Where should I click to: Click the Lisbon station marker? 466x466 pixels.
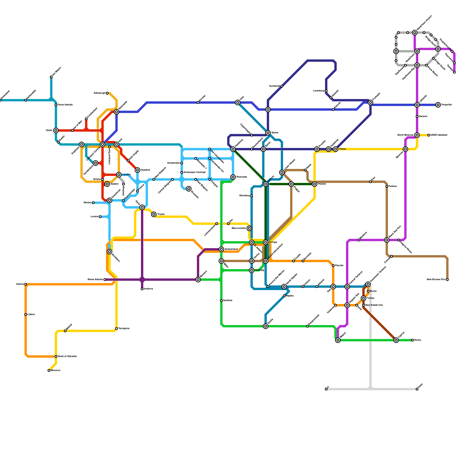(x=26, y=315)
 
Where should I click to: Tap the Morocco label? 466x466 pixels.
(x=55, y=370)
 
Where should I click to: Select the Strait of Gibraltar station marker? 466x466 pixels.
(x=56, y=356)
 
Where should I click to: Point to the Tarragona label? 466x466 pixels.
(x=124, y=329)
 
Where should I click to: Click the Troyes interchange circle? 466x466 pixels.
(x=154, y=214)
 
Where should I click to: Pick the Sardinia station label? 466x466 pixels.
(x=228, y=301)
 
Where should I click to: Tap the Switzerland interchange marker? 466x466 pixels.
(x=221, y=249)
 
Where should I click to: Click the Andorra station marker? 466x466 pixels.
(x=142, y=289)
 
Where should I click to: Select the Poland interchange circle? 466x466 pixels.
(x=315, y=184)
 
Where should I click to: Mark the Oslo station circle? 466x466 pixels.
(x=238, y=103)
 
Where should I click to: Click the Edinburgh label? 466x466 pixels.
(x=100, y=93)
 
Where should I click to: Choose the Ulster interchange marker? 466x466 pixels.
(x=56, y=130)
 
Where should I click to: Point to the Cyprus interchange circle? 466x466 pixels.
(x=396, y=340)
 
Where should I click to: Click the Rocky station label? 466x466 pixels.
(x=418, y=340)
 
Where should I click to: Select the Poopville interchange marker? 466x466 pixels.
(x=438, y=105)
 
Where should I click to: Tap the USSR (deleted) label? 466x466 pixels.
(x=439, y=135)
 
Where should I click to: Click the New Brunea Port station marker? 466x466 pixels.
(x=447, y=280)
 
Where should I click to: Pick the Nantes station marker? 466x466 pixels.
(x=93, y=203)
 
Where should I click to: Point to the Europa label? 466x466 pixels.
(x=273, y=242)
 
